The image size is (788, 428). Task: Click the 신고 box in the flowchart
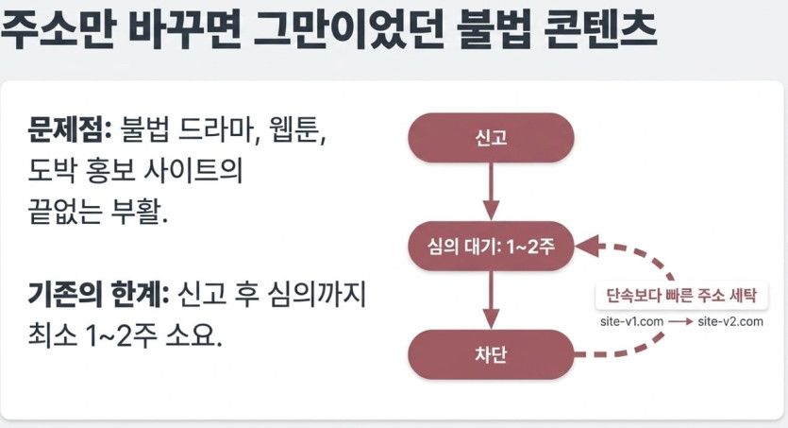pyautogui.click(x=491, y=138)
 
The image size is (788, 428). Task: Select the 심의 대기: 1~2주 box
pyautogui.click(x=491, y=246)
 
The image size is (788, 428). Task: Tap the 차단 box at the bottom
pyautogui.click(x=491, y=354)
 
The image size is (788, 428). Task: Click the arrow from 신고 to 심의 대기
pyautogui.click(x=491, y=192)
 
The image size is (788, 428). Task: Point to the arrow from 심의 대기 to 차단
pyautogui.click(x=491, y=300)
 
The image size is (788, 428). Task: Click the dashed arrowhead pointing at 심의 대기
pyautogui.click(x=587, y=247)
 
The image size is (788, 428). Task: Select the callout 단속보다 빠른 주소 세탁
pyautogui.click(x=681, y=295)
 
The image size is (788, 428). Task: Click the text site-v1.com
pyautogui.click(x=631, y=322)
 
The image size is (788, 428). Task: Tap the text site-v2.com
pyautogui.click(x=730, y=322)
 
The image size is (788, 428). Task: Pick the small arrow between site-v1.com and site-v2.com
pyautogui.click(x=680, y=322)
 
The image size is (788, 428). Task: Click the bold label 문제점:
pyautogui.click(x=69, y=129)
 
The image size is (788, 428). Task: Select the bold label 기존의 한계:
pyautogui.click(x=98, y=294)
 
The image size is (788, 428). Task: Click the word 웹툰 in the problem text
pyautogui.click(x=294, y=129)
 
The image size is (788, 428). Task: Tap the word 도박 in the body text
pyautogui.click(x=52, y=170)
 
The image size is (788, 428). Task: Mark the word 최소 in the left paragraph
pyautogui.click(x=52, y=335)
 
